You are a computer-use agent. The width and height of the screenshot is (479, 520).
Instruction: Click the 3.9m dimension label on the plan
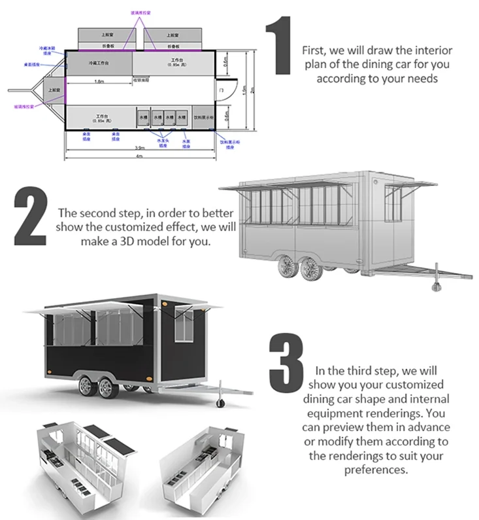click(x=139, y=148)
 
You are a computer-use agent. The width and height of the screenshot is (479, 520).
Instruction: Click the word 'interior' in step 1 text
click(x=437, y=50)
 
